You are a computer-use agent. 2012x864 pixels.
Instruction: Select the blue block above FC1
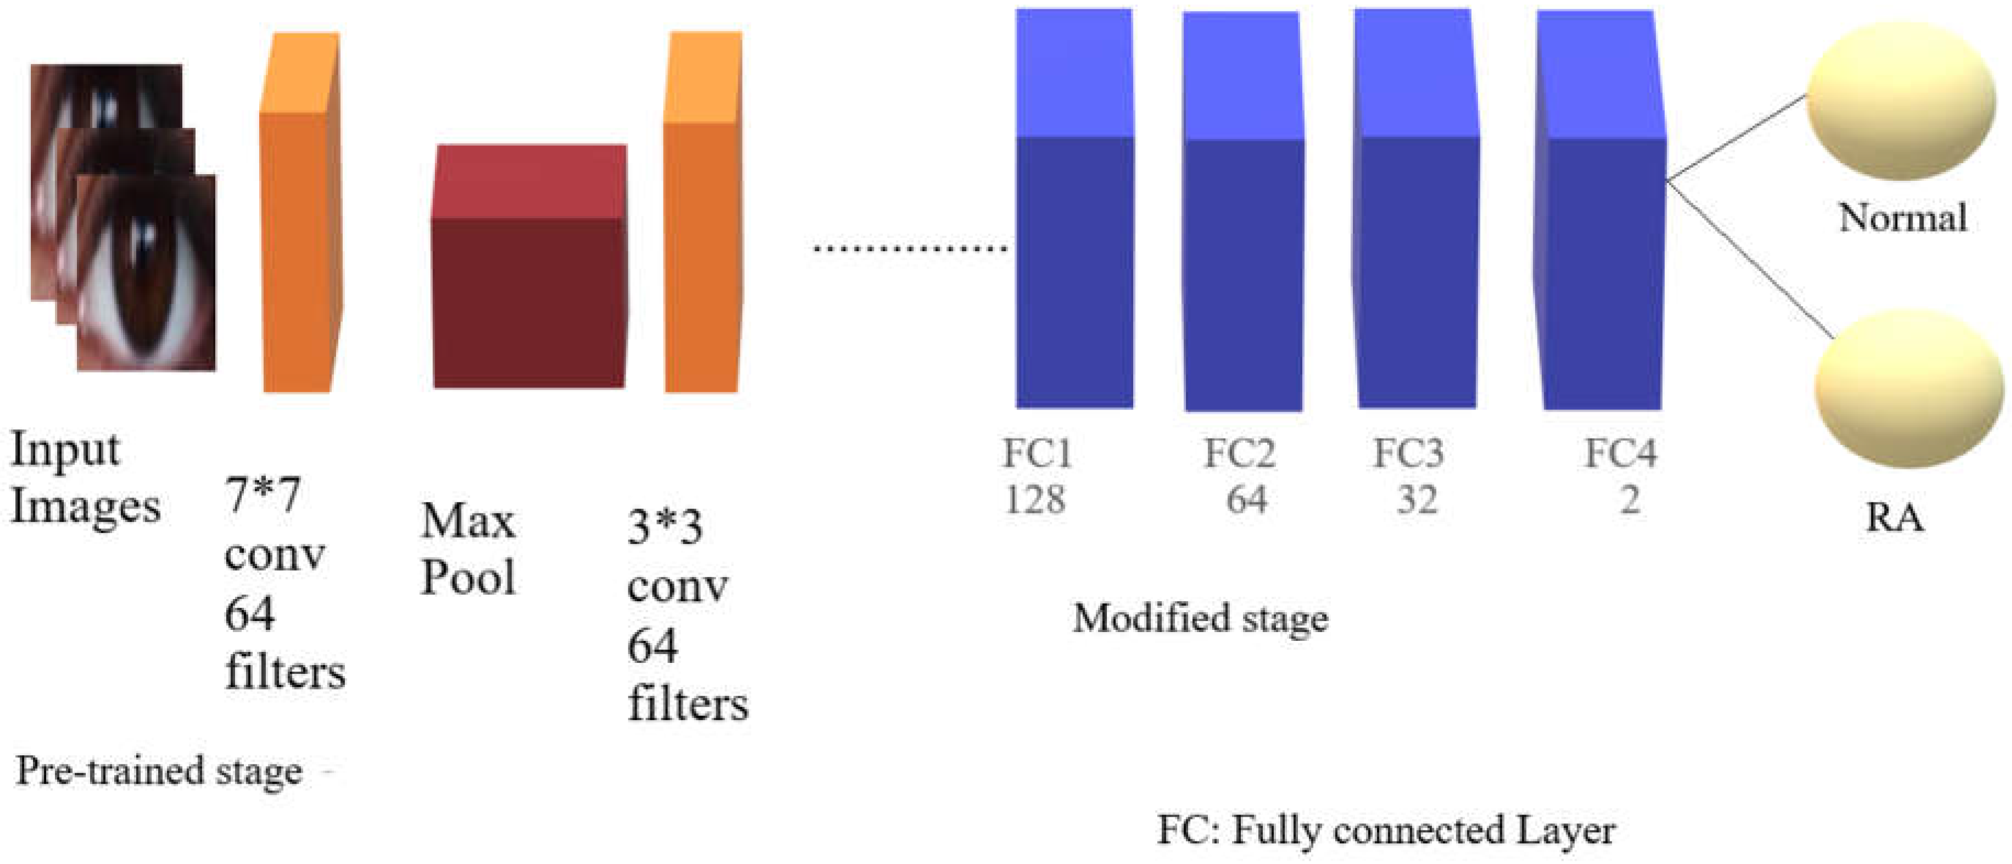click(x=1074, y=234)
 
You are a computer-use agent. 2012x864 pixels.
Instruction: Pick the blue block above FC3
click(x=1416, y=234)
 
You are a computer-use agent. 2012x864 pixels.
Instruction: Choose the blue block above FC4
click(x=1601, y=234)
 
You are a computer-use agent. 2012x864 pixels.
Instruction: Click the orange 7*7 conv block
click(x=300, y=234)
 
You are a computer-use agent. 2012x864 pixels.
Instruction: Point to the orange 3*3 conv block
click(x=701, y=234)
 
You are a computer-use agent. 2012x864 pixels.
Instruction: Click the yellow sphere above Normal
click(x=1899, y=102)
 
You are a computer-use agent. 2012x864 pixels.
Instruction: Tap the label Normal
click(x=1903, y=217)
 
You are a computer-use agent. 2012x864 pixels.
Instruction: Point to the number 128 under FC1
click(x=1035, y=500)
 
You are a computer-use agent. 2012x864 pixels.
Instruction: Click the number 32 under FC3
click(x=1417, y=500)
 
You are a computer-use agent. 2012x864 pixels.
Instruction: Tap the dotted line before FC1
click(x=910, y=248)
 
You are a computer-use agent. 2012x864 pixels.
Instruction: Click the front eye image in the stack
click(x=147, y=273)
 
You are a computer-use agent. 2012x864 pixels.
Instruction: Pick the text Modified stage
click(x=1201, y=619)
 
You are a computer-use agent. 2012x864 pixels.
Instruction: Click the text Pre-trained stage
click(x=159, y=771)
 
